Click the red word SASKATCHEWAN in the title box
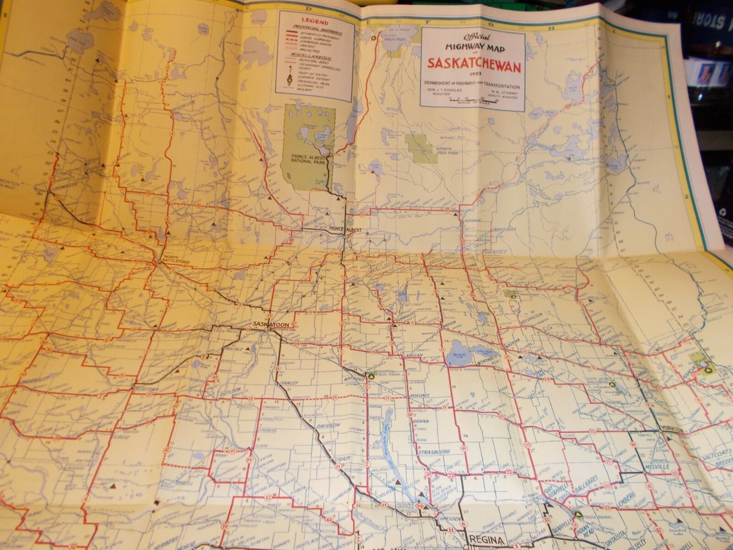pyautogui.click(x=472, y=63)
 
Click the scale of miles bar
pyautogui.click(x=472, y=101)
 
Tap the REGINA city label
pyautogui.click(x=487, y=539)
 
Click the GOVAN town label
pyautogui.click(x=420, y=422)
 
